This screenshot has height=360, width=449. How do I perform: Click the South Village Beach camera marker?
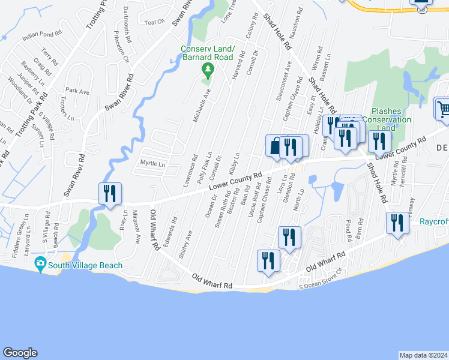pyautogui.click(x=40, y=263)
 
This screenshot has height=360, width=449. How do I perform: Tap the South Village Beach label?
pyautogui.click(x=85, y=265)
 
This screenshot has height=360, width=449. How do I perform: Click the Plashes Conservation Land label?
pyautogui.click(x=391, y=119)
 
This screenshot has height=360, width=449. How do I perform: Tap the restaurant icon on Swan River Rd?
pyautogui.click(x=110, y=193)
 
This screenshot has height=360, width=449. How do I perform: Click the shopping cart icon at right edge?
pyautogui.click(x=442, y=109)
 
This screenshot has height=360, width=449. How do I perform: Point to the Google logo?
pyautogui.click(x=20, y=353)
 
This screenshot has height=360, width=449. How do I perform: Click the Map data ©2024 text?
pyautogui.click(x=423, y=355)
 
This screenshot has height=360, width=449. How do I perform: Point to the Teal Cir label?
pyautogui.click(x=154, y=22)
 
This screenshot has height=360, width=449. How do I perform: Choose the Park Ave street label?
pyautogui.click(x=77, y=92)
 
